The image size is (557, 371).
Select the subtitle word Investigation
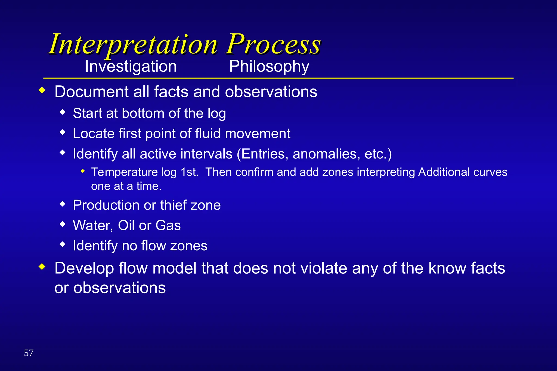coord(131,67)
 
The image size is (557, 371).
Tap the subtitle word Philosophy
coord(269,67)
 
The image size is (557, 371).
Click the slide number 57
coord(29,353)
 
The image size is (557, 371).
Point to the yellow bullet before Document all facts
coord(42,91)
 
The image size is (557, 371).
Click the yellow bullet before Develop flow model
coord(42,267)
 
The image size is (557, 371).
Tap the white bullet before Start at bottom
coord(63,112)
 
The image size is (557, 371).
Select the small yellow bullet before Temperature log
coord(83,171)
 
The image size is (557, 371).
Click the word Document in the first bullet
coord(91,92)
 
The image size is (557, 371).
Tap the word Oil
coord(126,226)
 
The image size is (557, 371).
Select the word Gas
coord(168,226)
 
